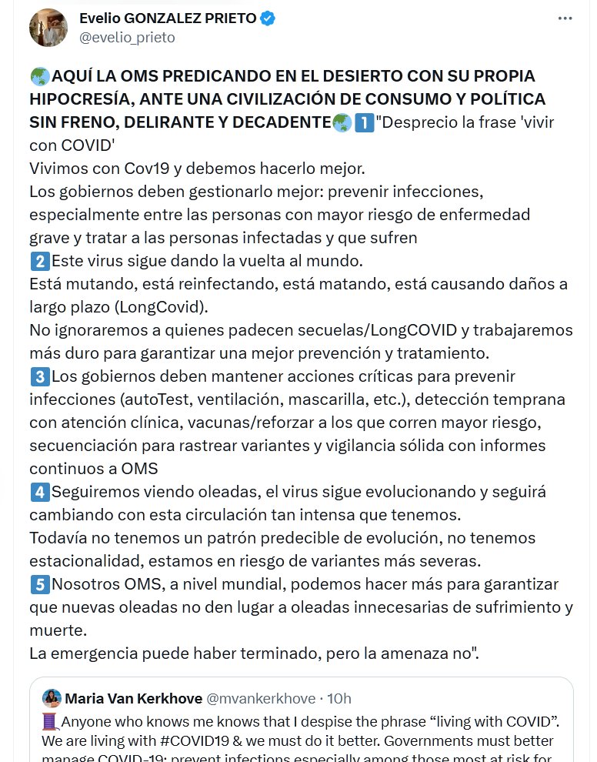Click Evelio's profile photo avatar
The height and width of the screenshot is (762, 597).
[x=48, y=28]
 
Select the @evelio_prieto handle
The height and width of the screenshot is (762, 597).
[x=127, y=37]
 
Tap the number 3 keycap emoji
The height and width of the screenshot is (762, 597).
[x=39, y=376]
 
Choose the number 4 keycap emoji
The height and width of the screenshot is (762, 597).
[x=39, y=492]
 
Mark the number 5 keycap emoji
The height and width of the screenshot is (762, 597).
[x=39, y=584]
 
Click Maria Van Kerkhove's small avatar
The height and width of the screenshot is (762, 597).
[x=52, y=698]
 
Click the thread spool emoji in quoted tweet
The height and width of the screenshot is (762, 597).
[x=50, y=722]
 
